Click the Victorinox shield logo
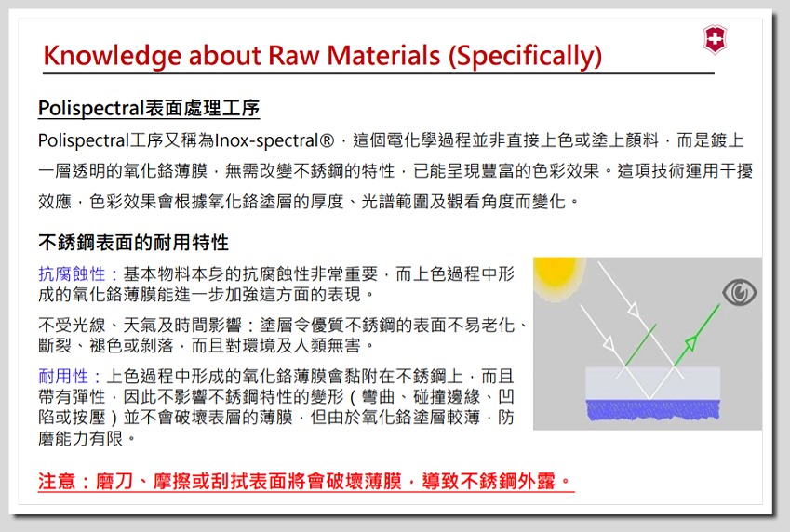[x=715, y=39]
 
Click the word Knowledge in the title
[x=112, y=56]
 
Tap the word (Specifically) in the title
[x=525, y=56]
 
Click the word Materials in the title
[x=384, y=56]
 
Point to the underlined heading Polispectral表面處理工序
[x=149, y=108]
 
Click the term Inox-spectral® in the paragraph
[x=274, y=140]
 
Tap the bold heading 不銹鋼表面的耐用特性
[x=133, y=243]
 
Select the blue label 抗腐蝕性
[x=72, y=274]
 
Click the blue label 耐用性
[x=63, y=377]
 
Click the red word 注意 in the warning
[x=56, y=481]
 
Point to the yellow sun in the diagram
[x=556, y=273]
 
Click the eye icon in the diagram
[x=739, y=292]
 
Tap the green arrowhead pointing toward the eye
[x=690, y=342]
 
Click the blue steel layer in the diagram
[x=653, y=409]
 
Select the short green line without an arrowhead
[x=640, y=344]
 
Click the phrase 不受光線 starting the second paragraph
[x=72, y=325]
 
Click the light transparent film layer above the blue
[x=653, y=383]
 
